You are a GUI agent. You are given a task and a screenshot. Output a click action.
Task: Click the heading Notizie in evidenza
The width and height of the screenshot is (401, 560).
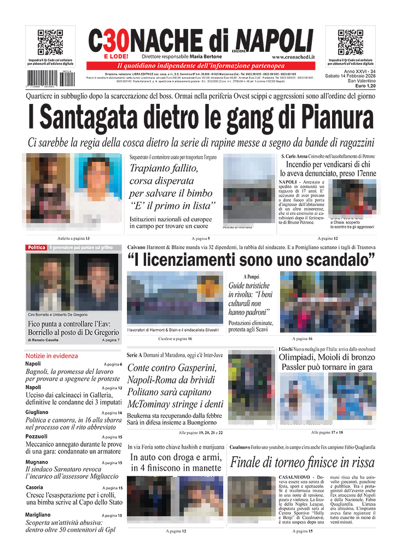(51, 355)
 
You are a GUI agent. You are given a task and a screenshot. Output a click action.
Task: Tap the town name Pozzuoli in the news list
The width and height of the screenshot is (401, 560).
(37, 436)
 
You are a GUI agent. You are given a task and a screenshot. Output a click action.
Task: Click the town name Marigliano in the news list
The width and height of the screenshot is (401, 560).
(40, 515)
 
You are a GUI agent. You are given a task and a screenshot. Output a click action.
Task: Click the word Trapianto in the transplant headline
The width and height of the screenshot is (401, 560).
(149, 168)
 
